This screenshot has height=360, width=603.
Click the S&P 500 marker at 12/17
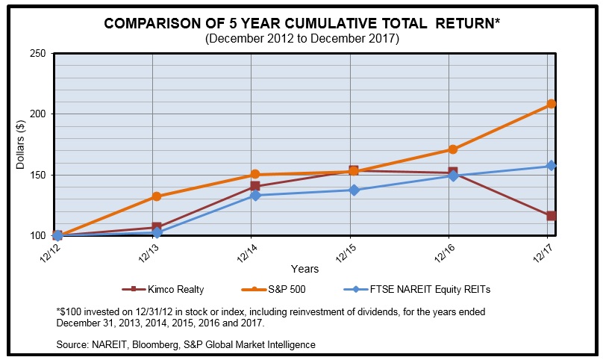(x=551, y=104)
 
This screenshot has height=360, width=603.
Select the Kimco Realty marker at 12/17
(x=551, y=216)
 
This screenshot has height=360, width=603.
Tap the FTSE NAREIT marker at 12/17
(x=551, y=166)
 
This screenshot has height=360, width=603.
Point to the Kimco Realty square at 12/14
(x=255, y=186)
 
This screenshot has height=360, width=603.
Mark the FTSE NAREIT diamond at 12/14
(x=255, y=196)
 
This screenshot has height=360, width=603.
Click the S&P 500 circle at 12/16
(x=452, y=149)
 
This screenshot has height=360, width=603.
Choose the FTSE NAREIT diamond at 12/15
(x=354, y=190)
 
